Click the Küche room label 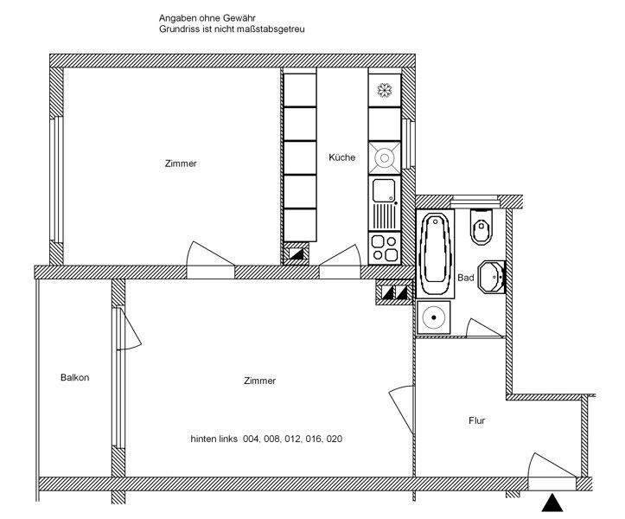(x=341, y=157)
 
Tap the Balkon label (x=75, y=377)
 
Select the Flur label (x=476, y=421)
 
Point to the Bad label (x=466, y=278)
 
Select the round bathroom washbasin (x=492, y=276)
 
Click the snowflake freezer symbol (x=383, y=89)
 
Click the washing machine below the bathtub (x=432, y=317)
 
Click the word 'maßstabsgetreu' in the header (x=275, y=29)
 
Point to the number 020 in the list (x=333, y=439)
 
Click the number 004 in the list (x=251, y=439)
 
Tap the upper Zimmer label (x=181, y=163)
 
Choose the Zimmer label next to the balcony (x=259, y=381)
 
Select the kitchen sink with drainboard (x=383, y=202)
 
